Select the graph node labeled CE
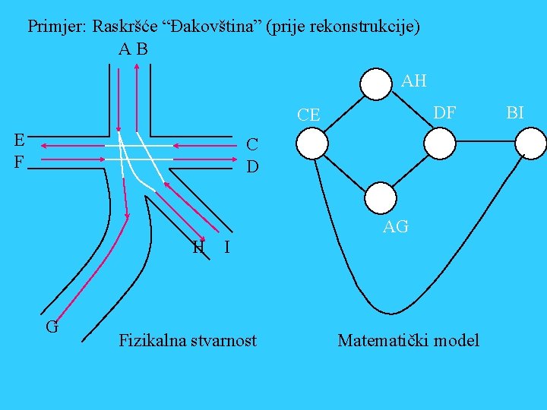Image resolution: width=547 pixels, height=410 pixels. pyautogui.click(x=312, y=143)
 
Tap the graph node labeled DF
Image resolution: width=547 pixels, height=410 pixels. pyautogui.click(x=439, y=143)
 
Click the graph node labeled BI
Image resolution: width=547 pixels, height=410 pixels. pyautogui.click(x=531, y=143)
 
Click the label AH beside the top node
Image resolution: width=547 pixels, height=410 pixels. pyautogui.click(x=413, y=80)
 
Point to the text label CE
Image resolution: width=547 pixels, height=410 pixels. pyautogui.click(x=308, y=115)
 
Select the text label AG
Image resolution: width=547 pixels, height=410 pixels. pyautogui.click(x=396, y=226)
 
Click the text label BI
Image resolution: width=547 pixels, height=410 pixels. pyautogui.click(x=514, y=113)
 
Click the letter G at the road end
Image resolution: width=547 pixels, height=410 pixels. pyautogui.click(x=52, y=327)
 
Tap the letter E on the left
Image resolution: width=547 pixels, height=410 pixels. pyautogui.click(x=19, y=140)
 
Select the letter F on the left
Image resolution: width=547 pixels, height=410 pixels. pyautogui.click(x=19, y=161)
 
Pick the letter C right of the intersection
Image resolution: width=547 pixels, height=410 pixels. pyautogui.click(x=252, y=144)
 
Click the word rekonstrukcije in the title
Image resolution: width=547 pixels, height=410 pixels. pyautogui.click(x=366, y=27)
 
